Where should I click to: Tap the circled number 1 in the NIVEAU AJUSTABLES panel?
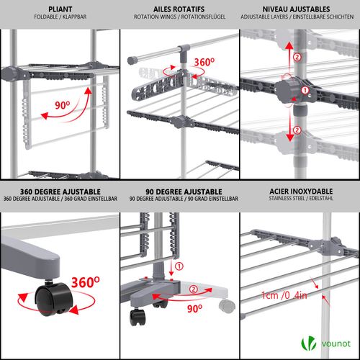[304, 90]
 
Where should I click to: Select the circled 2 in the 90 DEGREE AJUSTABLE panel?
[194, 290]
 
